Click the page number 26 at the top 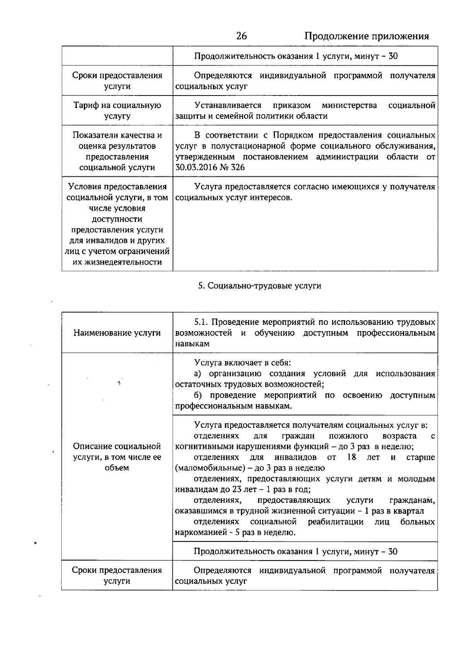pyautogui.click(x=241, y=36)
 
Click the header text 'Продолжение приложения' pyautogui.click(x=367, y=36)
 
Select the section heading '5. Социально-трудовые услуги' pyautogui.click(x=259, y=286)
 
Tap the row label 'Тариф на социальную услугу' pyautogui.click(x=117, y=111)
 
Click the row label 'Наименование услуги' pyautogui.click(x=117, y=333)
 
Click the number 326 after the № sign pyautogui.click(x=237, y=167)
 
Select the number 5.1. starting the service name pyautogui.click(x=201, y=322)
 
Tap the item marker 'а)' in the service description pyautogui.click(x=198, y=374)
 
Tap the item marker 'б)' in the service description pyautogui.click(x=198, y=395)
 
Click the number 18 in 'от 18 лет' pyautogui.click(x=351, y=457)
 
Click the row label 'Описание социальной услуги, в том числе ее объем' pyautogui.click(x=117, y=457)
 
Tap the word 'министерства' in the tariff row pyautogui.click(x=349, y=105)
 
